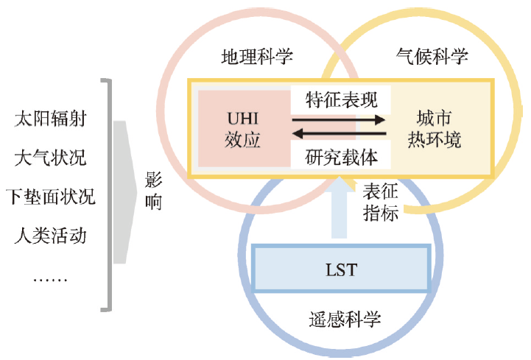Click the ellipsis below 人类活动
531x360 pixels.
(x=50, y=278)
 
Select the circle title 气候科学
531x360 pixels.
(x=432, y=57)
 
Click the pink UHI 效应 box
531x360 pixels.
(x=242, y=129)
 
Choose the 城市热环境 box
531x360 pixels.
(x=439, y=129)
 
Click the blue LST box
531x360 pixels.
(x=340, y=270)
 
